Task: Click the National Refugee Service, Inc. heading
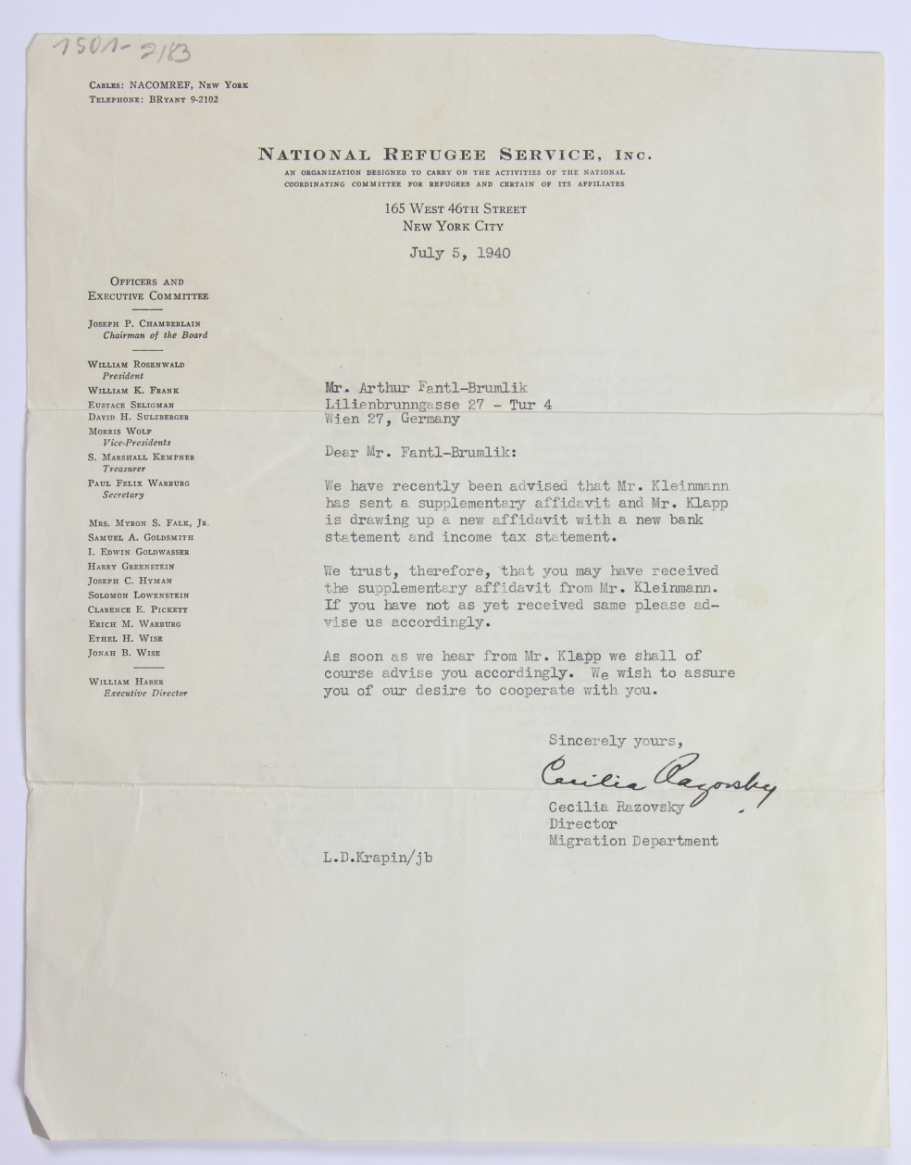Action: (455, 155)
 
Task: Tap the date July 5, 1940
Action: (459, 253)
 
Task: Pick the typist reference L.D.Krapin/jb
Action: (378, 858)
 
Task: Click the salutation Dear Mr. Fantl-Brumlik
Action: (422, 452)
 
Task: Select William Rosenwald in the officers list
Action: (136, 365)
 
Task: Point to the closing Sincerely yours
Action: (615, 740)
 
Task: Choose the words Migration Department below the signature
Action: (633, 841)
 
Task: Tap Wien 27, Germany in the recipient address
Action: (392, 419)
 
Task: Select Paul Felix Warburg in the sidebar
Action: (139, 482)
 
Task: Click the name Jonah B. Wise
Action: (124, 653)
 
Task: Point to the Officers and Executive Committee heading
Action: (148, 289)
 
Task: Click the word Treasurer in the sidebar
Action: (124, 470)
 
